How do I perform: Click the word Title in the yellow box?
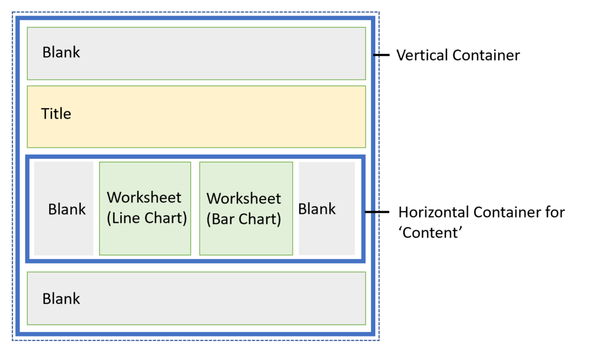(x=56, y=113)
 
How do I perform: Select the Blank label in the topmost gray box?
(x=61, y=52)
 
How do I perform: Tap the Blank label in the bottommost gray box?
(x=61, y=298)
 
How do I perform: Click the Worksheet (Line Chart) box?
(x=145, y=208)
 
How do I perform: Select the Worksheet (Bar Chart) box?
(x=246, y=208)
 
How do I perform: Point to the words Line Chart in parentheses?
(x=147, y=218)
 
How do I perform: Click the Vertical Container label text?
(x=458, y=55)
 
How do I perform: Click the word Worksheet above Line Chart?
(x=144, y=197)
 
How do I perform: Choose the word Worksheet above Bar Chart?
(x=244, y=198)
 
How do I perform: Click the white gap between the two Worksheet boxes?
(x=195, y=208)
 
